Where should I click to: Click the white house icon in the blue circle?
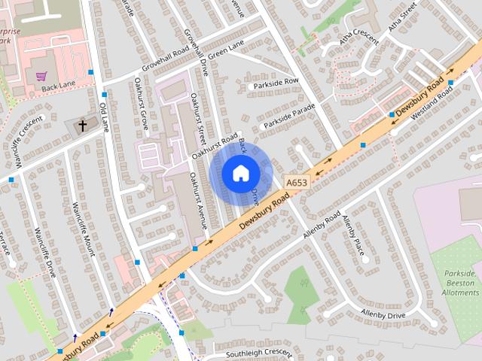tap(239, 173)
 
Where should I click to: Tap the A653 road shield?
tap(297, 181)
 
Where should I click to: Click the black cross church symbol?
tap(81, 126)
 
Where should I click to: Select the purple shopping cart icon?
tap(41, 76)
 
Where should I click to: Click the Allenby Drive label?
tap(383, 314)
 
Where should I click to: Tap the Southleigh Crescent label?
tap(258, 353)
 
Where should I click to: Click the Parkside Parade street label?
tap(288, 118)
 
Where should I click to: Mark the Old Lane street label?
tap(104, 117)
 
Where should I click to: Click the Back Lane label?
tap(59, 88)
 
